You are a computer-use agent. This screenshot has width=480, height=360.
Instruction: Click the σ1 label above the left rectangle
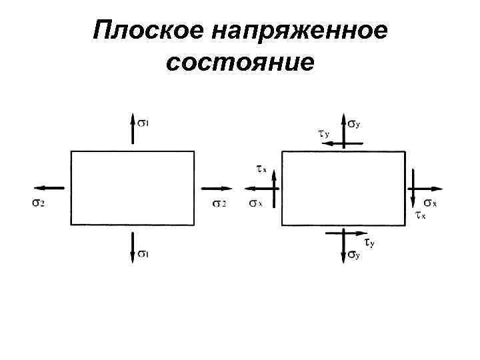tap(144, 122)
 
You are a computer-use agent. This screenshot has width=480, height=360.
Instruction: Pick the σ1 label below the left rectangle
tap(143, 253)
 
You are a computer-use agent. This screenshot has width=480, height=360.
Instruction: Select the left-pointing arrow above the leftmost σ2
tap(49, 189)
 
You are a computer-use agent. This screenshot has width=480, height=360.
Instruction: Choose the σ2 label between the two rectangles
tap(219, 203)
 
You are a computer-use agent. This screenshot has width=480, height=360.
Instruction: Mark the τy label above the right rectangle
tap(323, 134)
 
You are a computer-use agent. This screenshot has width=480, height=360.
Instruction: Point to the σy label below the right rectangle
tap(354, 255)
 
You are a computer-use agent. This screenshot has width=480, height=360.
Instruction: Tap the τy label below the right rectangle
tap(369, 243)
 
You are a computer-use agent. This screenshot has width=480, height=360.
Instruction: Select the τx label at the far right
tap(421, 215)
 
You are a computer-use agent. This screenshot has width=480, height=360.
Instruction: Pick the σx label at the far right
tap(431, 203)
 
